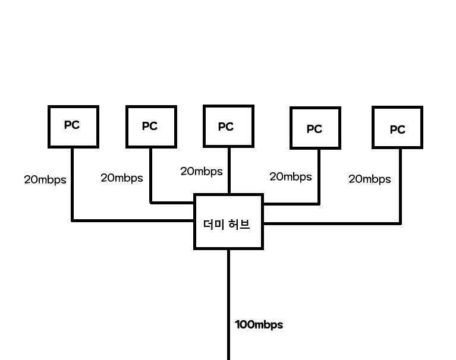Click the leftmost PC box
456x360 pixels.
point(73,126)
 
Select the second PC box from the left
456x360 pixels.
point(150,127)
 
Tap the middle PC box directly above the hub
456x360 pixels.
point(228,126)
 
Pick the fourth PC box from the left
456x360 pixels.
point(315,128)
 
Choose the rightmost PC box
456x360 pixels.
point(397,127)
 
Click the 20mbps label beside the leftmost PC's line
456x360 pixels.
point(45,179)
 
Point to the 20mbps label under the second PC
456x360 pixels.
point(122,178)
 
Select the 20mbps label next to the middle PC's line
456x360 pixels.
point(202,171)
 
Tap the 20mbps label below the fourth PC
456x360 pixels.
point(291,176)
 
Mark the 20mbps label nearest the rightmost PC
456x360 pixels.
point(370,179)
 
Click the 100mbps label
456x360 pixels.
point(259,324)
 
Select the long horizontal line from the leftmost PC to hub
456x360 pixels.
point(134,220)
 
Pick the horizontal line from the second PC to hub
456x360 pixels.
point(172,203)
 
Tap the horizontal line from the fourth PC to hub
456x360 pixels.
point(291,203)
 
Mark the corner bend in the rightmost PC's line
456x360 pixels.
point(400,223)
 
